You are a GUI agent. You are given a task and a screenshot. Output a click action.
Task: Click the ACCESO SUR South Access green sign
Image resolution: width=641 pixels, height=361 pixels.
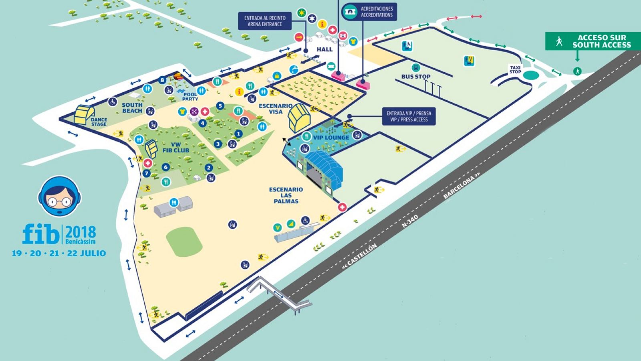(x=593, y=41)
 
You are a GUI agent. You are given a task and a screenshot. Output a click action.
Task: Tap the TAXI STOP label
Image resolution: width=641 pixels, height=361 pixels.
(x=515, y=70)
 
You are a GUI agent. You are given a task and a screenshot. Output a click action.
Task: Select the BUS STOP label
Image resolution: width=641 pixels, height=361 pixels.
(x=416, y=76)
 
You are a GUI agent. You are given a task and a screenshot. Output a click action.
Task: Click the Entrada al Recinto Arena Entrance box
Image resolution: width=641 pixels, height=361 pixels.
(x=264, y=21)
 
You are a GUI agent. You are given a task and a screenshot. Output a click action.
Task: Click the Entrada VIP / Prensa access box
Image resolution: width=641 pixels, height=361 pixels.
(x=409, y=116)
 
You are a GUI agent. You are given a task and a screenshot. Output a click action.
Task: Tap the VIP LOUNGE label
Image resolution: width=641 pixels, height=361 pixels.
(x=331, y=138)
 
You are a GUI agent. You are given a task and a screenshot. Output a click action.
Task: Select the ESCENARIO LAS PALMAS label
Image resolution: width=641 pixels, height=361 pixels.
(x=286, y=195)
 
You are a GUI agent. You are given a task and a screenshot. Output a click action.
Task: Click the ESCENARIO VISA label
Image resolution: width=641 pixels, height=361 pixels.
(x=276, y=109)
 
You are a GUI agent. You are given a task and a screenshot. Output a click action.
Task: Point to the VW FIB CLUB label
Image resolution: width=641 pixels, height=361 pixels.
(x=175, y=147)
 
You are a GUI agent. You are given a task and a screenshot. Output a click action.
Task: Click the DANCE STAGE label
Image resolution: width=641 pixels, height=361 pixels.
(x=99, y=122)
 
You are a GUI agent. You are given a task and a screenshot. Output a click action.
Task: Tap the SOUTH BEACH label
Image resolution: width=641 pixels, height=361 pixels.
(x=132, y=107)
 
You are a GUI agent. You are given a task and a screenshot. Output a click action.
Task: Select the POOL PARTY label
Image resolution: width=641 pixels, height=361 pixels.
(x=190, y=97)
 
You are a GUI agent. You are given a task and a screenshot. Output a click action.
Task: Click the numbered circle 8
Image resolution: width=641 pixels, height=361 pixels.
(x=162, y=80)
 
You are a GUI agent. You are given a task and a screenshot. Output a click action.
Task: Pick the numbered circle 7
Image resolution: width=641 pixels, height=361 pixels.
(x=147, y=173)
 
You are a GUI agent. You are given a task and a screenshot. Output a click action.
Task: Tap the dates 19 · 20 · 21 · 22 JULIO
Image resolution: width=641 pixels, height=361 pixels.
(x=59, y=253)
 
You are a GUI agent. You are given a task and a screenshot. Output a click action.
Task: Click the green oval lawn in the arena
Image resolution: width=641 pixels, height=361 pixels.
(x=184, y=241)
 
